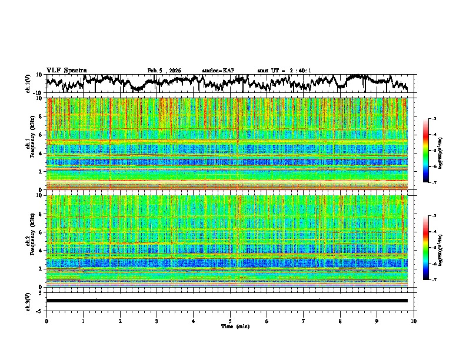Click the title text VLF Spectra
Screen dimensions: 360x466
[x=66, y=71]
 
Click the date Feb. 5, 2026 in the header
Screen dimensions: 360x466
[x=164, y=71]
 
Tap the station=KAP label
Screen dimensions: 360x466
[x=218, y=71]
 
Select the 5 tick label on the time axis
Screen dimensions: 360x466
[x=230, y=321]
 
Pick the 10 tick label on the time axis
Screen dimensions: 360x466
[x=414, y=321]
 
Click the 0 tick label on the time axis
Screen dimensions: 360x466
[x=46, y=321]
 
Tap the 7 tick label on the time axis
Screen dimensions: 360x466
[x=304, y=321]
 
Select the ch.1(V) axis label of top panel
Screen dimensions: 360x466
[x=29, y=84]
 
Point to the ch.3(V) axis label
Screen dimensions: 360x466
[x=29, y=301]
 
